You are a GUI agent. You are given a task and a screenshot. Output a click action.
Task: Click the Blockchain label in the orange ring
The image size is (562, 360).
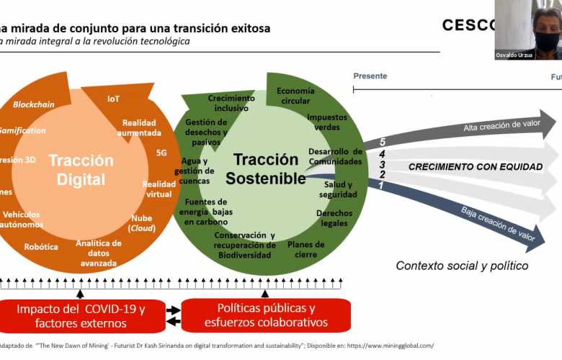tap(34, 104)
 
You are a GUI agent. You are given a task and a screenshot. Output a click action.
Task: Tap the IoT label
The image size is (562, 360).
tap(114, 99)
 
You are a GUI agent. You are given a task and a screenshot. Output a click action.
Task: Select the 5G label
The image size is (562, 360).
tap(161, 153)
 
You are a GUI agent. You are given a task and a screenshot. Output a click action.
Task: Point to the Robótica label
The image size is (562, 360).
tap(41, 246)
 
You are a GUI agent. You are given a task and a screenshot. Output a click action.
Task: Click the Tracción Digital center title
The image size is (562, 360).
tap(81, 170)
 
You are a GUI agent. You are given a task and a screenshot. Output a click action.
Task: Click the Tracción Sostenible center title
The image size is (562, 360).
tap(265, 169)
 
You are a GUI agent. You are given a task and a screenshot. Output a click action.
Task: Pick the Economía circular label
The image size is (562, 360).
tap(295, 96)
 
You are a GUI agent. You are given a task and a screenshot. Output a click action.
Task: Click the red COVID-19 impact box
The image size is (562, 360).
tap(81, 315)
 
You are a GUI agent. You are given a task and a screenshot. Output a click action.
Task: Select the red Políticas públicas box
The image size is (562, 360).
tap(266, 315)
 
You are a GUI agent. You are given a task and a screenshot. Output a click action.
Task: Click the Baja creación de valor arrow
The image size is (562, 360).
tap(497, 223)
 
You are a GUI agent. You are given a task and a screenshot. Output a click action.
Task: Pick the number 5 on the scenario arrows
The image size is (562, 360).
tap(383, 142)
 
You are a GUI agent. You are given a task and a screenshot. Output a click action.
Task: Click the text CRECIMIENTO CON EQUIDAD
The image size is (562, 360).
tap(475, 167)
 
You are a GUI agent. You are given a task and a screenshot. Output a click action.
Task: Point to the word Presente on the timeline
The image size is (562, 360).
tap(370, 76)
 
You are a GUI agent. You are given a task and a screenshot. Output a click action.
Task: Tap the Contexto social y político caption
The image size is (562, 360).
tap(462, 266)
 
